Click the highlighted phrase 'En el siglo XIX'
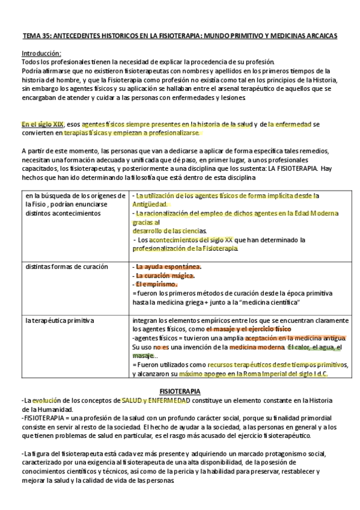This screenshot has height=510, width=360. [42, 124]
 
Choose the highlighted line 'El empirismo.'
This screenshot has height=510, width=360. [156, 283]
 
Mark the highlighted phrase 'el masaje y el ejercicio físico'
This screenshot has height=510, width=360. [248, 330]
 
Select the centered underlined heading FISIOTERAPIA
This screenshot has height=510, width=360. [180, 391]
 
